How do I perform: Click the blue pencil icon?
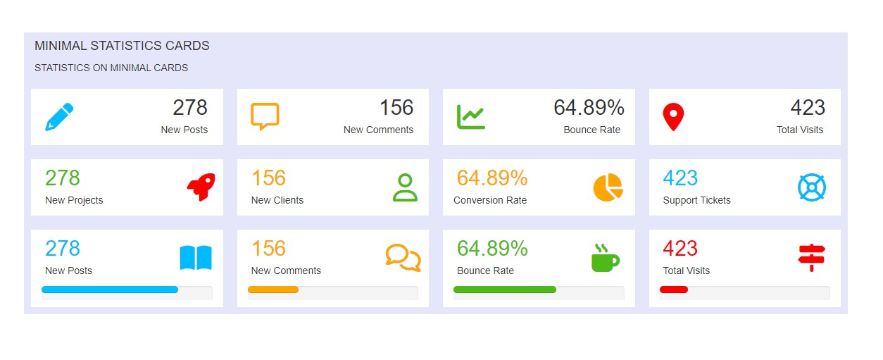pos(60,117)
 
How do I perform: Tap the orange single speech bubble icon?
pos(265,116)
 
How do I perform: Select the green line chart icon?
pos(470,116)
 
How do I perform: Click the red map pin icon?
pos(674,117)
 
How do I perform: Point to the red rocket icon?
pos(201,187)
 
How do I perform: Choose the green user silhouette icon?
pos(405,187)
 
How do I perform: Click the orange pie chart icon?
pos(608,187)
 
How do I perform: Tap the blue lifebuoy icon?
pos(812,187)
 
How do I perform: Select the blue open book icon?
pos(196,258)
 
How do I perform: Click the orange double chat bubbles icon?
pos(403,258)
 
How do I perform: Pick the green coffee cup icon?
pos(605,258)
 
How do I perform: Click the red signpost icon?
pos(812,257)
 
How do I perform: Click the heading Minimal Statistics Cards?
pos(122,46)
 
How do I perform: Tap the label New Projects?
pos(74,200)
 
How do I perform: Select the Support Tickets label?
pos(697,200)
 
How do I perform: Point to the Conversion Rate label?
pos(490,200)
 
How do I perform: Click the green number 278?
pos(63,178)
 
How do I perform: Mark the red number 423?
pos(680,248)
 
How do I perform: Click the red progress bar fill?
pos(674,290)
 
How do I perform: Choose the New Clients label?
pos(277,200)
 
